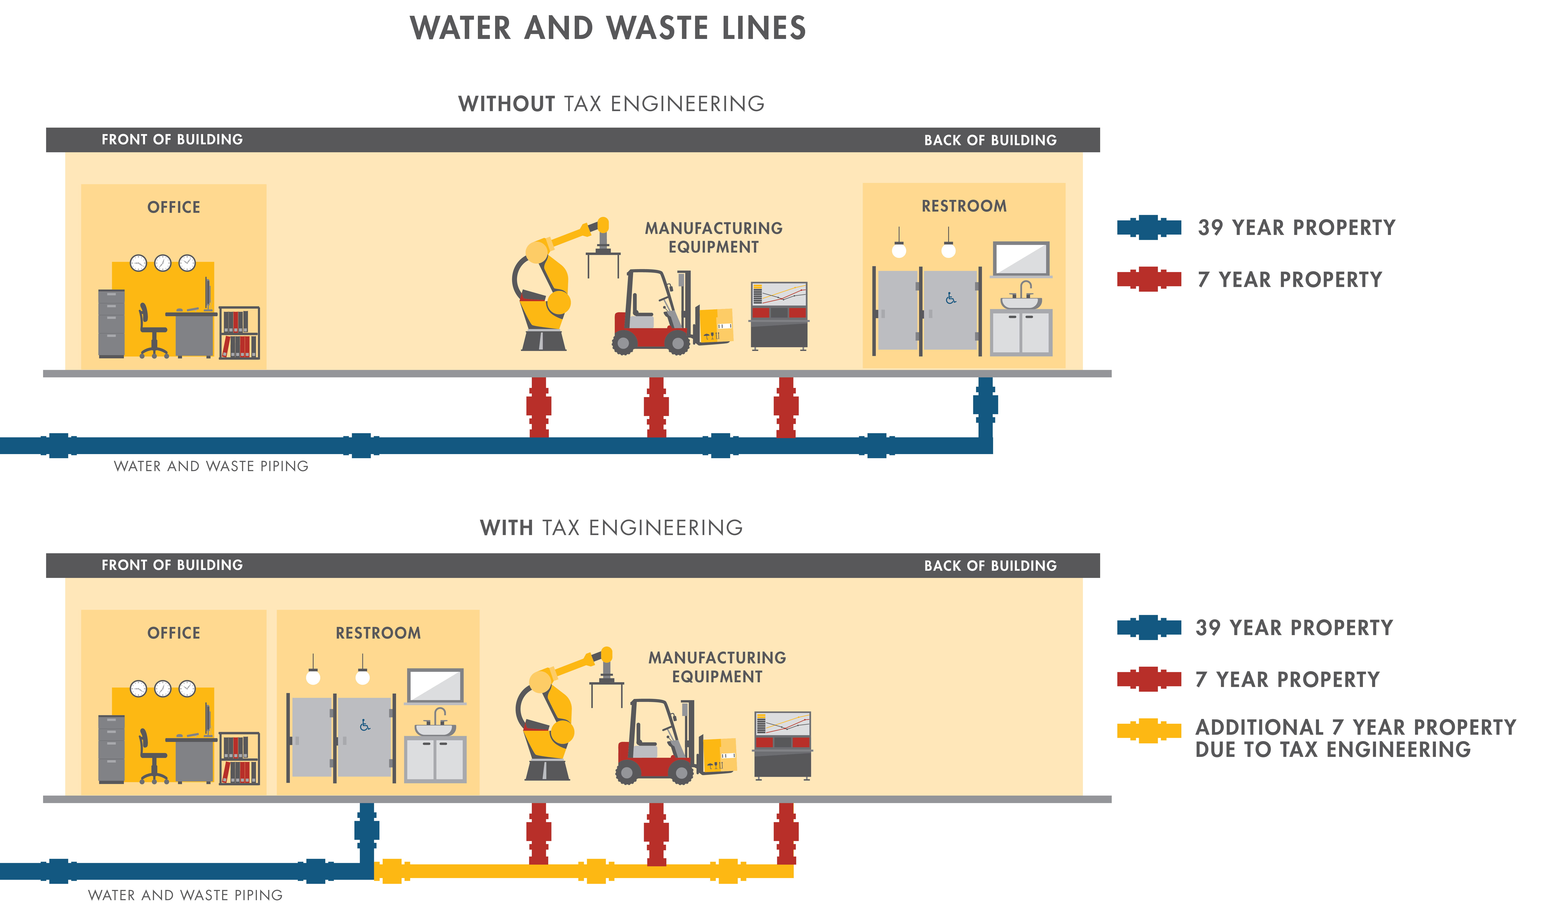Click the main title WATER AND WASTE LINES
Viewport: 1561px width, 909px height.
608,28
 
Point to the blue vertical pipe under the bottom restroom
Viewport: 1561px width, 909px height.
367,831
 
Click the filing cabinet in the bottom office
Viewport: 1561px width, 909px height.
112,749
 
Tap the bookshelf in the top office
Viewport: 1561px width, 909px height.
240,333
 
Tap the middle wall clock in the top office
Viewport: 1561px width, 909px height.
162,263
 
